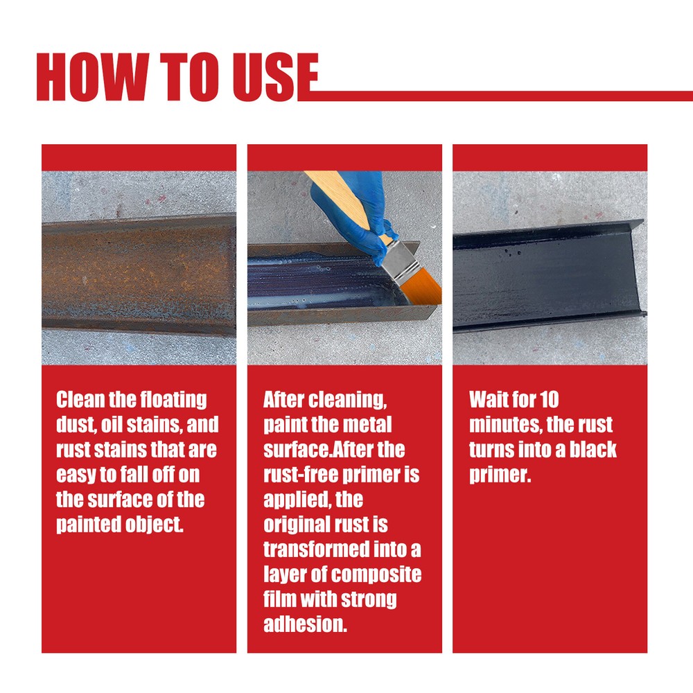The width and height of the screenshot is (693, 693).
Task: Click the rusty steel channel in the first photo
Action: click(139, 274)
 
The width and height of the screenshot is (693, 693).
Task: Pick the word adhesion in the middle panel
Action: click(305, 624)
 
